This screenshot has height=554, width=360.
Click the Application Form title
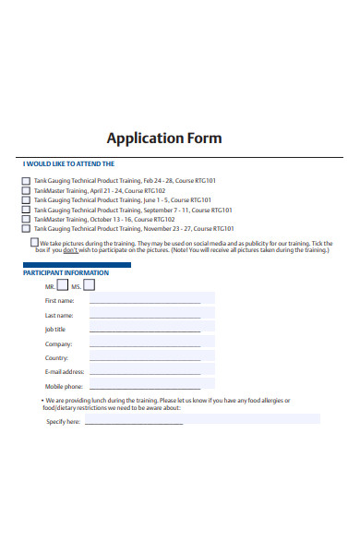pos(164,138)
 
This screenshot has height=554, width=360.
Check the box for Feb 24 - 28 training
pos(26,181)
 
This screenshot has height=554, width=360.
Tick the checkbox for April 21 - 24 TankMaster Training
pos(26,190)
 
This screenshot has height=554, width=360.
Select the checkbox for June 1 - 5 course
pos(26,199)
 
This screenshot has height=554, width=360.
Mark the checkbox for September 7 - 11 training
pos(26,210)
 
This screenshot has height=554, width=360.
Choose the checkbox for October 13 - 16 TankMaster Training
pos(26,219)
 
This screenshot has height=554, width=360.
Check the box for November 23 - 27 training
pos(26,228)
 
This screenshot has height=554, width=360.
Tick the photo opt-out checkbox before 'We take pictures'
pos(33,243)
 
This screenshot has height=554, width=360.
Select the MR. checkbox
pos(63,285)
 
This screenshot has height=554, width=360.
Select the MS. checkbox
pos(90,285)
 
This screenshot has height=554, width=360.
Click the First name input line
pos(145,301)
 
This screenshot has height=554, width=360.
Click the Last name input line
pos(145,316)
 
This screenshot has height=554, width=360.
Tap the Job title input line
pos(145,330)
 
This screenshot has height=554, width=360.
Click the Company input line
pos(145,343)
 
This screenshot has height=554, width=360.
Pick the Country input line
pos(145,358)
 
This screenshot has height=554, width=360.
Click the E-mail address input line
pos(145,372)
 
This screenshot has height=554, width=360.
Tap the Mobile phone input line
pos(145,387)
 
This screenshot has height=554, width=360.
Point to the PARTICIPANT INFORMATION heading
pos(66,273)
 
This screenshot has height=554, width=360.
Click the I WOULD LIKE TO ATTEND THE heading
pos(68,163)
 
